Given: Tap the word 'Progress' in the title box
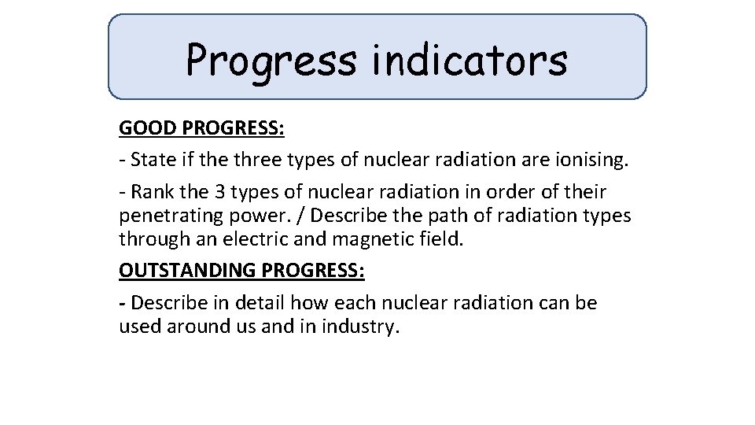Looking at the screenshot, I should coord(271,61).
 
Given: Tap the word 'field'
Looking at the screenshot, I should coord(444,238).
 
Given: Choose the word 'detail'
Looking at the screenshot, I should coord(258,303).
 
